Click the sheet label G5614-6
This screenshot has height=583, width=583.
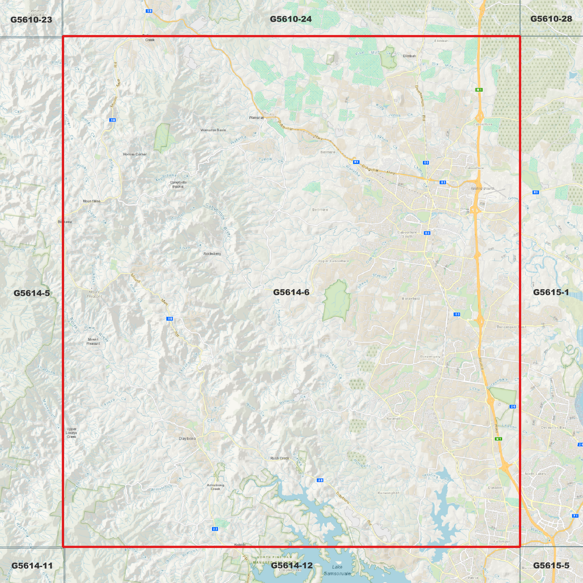(x=291, y=292)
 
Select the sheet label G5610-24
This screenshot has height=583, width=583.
(x=290, y=19)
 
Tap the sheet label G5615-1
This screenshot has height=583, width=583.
(x=551, y=292)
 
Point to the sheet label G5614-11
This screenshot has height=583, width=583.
(x=32, y=566)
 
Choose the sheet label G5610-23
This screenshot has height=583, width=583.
(x=31, y=19)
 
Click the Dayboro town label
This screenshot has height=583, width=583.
(x=187, y=438)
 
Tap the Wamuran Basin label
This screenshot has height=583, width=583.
(x=213, y=130)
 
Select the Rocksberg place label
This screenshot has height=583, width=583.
(x=212, y=254)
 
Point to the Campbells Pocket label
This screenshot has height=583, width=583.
(x=178, y=184)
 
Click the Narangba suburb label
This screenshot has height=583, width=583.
(x=394, y=419)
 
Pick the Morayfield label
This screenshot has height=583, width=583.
(x=411, y=299)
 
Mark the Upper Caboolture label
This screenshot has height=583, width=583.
(x=334, y=261)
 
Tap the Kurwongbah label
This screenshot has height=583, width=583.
(x=388, y=493)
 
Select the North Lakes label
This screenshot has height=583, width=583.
(x=535, y=474)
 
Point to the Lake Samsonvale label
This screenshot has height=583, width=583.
(x=337, y=570)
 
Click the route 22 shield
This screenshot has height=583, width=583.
(x=215, y=529)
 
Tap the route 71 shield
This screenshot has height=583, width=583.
(x=575, y=516)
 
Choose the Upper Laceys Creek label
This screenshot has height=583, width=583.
(x=71, y=433)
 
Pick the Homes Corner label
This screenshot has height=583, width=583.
(x=135, y=154)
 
